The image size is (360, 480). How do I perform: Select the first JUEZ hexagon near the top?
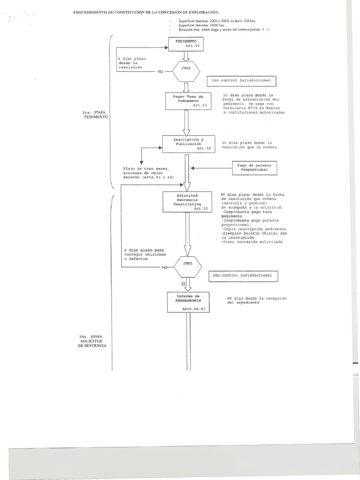coord(187,71)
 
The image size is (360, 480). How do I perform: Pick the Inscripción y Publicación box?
coord(188,144)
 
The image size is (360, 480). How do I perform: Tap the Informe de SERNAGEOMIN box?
coord(187,302)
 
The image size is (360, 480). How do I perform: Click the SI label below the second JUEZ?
coord(184,284)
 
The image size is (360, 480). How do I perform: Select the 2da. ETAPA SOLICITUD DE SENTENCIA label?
coord(92,341)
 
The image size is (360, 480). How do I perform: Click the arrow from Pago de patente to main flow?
coord(211,168)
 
